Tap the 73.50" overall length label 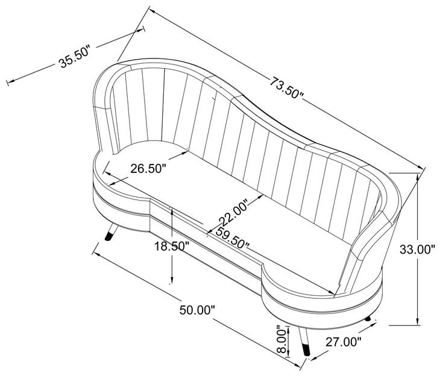[286, 87]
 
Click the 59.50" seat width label [233, 238]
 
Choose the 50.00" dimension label [197, 310]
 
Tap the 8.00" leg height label [283, 339]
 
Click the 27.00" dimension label [344, 342]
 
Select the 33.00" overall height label [417, 249]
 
